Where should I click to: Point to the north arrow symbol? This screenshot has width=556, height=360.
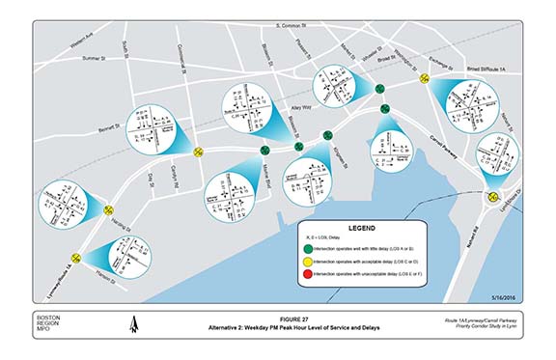pos(132,328)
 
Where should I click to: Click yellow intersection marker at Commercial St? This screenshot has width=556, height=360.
pos(198,151)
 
